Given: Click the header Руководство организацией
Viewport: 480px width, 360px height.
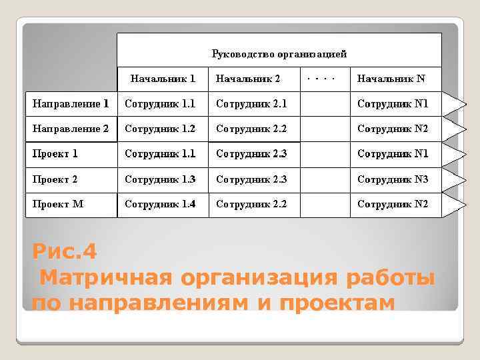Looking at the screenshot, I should [x=279, y=54].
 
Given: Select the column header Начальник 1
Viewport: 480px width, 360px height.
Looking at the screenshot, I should [x=163, y=79].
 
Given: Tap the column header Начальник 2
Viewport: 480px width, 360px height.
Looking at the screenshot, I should [x=247, y=79].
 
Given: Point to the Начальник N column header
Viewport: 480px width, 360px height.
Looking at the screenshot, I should [x=391, y=79].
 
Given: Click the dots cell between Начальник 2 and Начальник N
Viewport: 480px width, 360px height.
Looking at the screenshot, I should [x=319, y=78].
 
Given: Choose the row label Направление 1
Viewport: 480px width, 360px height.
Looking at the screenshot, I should [x=71, y=104].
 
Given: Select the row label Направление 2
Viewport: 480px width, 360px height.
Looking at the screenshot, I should [x=71, y=129].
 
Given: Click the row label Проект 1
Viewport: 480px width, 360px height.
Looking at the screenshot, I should [x=55, y=154].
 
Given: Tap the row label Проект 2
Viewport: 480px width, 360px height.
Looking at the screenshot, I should [x=55, y=179].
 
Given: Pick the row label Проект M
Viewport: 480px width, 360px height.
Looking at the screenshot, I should [x=58, y=204].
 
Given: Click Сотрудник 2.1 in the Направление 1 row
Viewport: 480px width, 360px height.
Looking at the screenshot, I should [x=251, y=104].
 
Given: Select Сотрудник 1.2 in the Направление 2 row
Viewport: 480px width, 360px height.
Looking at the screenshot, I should [x=160, y=129].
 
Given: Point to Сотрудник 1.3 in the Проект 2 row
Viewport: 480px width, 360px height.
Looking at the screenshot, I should [x=160, y=179].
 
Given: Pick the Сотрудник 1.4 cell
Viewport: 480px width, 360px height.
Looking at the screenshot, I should [x=160, y=204].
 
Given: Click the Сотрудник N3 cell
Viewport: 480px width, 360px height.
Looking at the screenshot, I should [x=393, y=179].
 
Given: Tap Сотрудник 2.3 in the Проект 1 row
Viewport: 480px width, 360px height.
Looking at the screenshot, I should [x=251, y=154].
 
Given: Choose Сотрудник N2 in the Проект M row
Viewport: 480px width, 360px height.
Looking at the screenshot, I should [x=393, y=204].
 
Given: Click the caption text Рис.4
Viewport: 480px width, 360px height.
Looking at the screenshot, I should [x=65, y=252].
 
